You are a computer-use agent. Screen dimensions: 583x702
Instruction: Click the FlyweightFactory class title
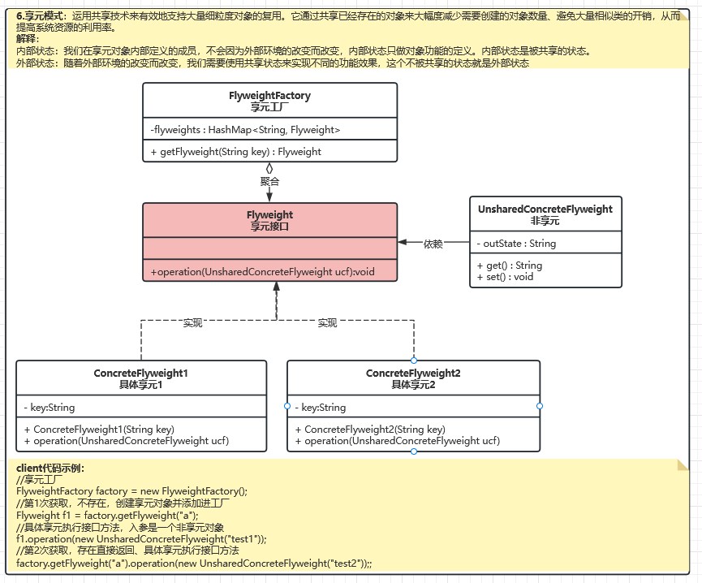coord(269,96)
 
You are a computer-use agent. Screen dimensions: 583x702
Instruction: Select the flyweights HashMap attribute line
coord(245,130)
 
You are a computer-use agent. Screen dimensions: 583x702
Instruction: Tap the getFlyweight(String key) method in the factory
coord(236,152)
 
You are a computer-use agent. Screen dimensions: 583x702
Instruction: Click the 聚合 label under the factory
coord(270,181)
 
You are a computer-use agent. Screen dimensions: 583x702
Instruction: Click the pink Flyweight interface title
coord(270,215)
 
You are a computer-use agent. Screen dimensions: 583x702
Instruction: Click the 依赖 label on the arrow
coord(433,243)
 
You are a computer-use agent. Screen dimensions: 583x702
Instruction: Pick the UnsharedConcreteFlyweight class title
coord(545,209)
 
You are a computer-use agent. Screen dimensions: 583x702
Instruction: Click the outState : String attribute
coord(516,244)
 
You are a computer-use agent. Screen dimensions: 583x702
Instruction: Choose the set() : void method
coord(506,277)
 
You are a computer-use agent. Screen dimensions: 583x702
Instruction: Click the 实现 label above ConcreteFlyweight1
coord(192,323)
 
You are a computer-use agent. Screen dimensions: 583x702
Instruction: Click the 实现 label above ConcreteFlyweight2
coord(327,323)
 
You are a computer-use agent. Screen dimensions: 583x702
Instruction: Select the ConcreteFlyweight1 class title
coord(141,374)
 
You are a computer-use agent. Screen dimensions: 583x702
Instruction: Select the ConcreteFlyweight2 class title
coord(413,374)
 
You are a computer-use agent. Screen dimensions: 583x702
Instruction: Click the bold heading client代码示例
coord(50,469)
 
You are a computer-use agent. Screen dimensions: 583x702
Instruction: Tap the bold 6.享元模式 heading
coord(41,15)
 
